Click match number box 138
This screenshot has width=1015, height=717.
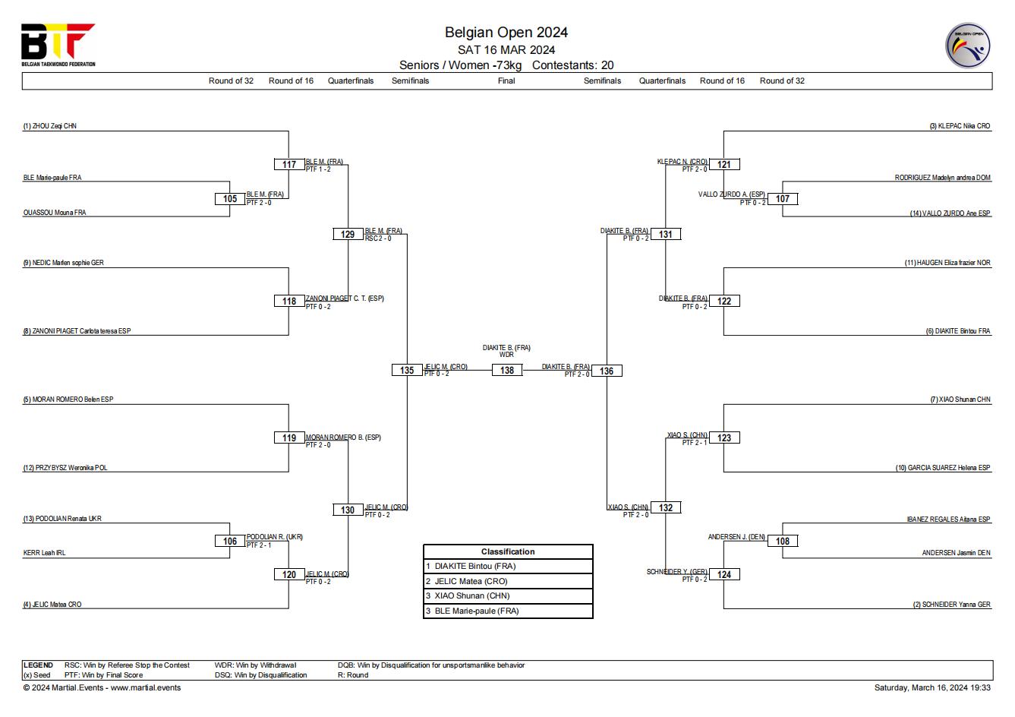[x=507, y=371]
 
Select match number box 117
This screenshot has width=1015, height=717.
[x=289, y=164]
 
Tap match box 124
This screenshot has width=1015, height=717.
[x=724, y=574]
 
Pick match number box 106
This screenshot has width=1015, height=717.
[x=230, y=541]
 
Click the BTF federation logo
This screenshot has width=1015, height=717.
[x=58, y=45]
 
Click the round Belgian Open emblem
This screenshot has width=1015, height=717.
[x=968, y=46]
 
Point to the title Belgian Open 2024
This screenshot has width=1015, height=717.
[x=506, y=32]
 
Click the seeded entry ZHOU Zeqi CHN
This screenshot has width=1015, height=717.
[x=50, y=126]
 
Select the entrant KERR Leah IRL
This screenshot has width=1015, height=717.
[x=44, y=552]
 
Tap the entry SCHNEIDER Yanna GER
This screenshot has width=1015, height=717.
[x=951, y=604]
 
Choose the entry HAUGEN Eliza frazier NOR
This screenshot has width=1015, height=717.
[x=947, y=262]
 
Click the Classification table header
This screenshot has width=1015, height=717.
[x=508, y=551]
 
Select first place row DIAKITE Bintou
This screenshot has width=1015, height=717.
[x=508, y=566]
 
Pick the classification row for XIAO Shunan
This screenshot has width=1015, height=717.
[x=508, y=595]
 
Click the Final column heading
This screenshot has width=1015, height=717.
[x=506, y=81]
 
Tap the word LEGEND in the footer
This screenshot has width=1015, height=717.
[x=38, y=665]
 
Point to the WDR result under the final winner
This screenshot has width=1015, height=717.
[x=506, y=355]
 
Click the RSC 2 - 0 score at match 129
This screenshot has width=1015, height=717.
[x=378, y=238]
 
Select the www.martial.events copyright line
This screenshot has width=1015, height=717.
[x=102, y=687]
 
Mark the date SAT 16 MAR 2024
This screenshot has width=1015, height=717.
[x=506, y=50]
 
